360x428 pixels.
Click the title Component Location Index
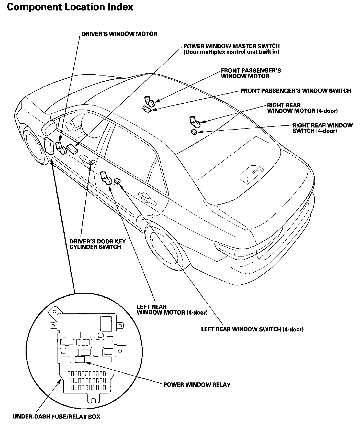[70, 7]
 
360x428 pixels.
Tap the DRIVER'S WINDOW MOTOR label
[119, 34]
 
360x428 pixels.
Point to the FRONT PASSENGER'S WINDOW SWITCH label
[296, 91]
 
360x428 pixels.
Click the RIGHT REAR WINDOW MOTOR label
[302, 108]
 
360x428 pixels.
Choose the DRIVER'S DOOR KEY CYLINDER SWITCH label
[97, 244]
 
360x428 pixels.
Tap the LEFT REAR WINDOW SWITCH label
[252, 329]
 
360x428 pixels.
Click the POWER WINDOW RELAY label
[197, 385]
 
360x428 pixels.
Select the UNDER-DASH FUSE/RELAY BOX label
[56, 416]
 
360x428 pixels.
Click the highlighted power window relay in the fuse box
[80, 360]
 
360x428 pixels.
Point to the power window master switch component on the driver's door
[72, 149]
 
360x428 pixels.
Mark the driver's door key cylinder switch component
[93, 162]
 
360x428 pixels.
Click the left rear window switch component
[117, 181]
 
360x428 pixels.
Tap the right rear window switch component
[194, 132]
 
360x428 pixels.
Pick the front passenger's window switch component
[147, 109]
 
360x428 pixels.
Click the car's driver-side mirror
[49, 127]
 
